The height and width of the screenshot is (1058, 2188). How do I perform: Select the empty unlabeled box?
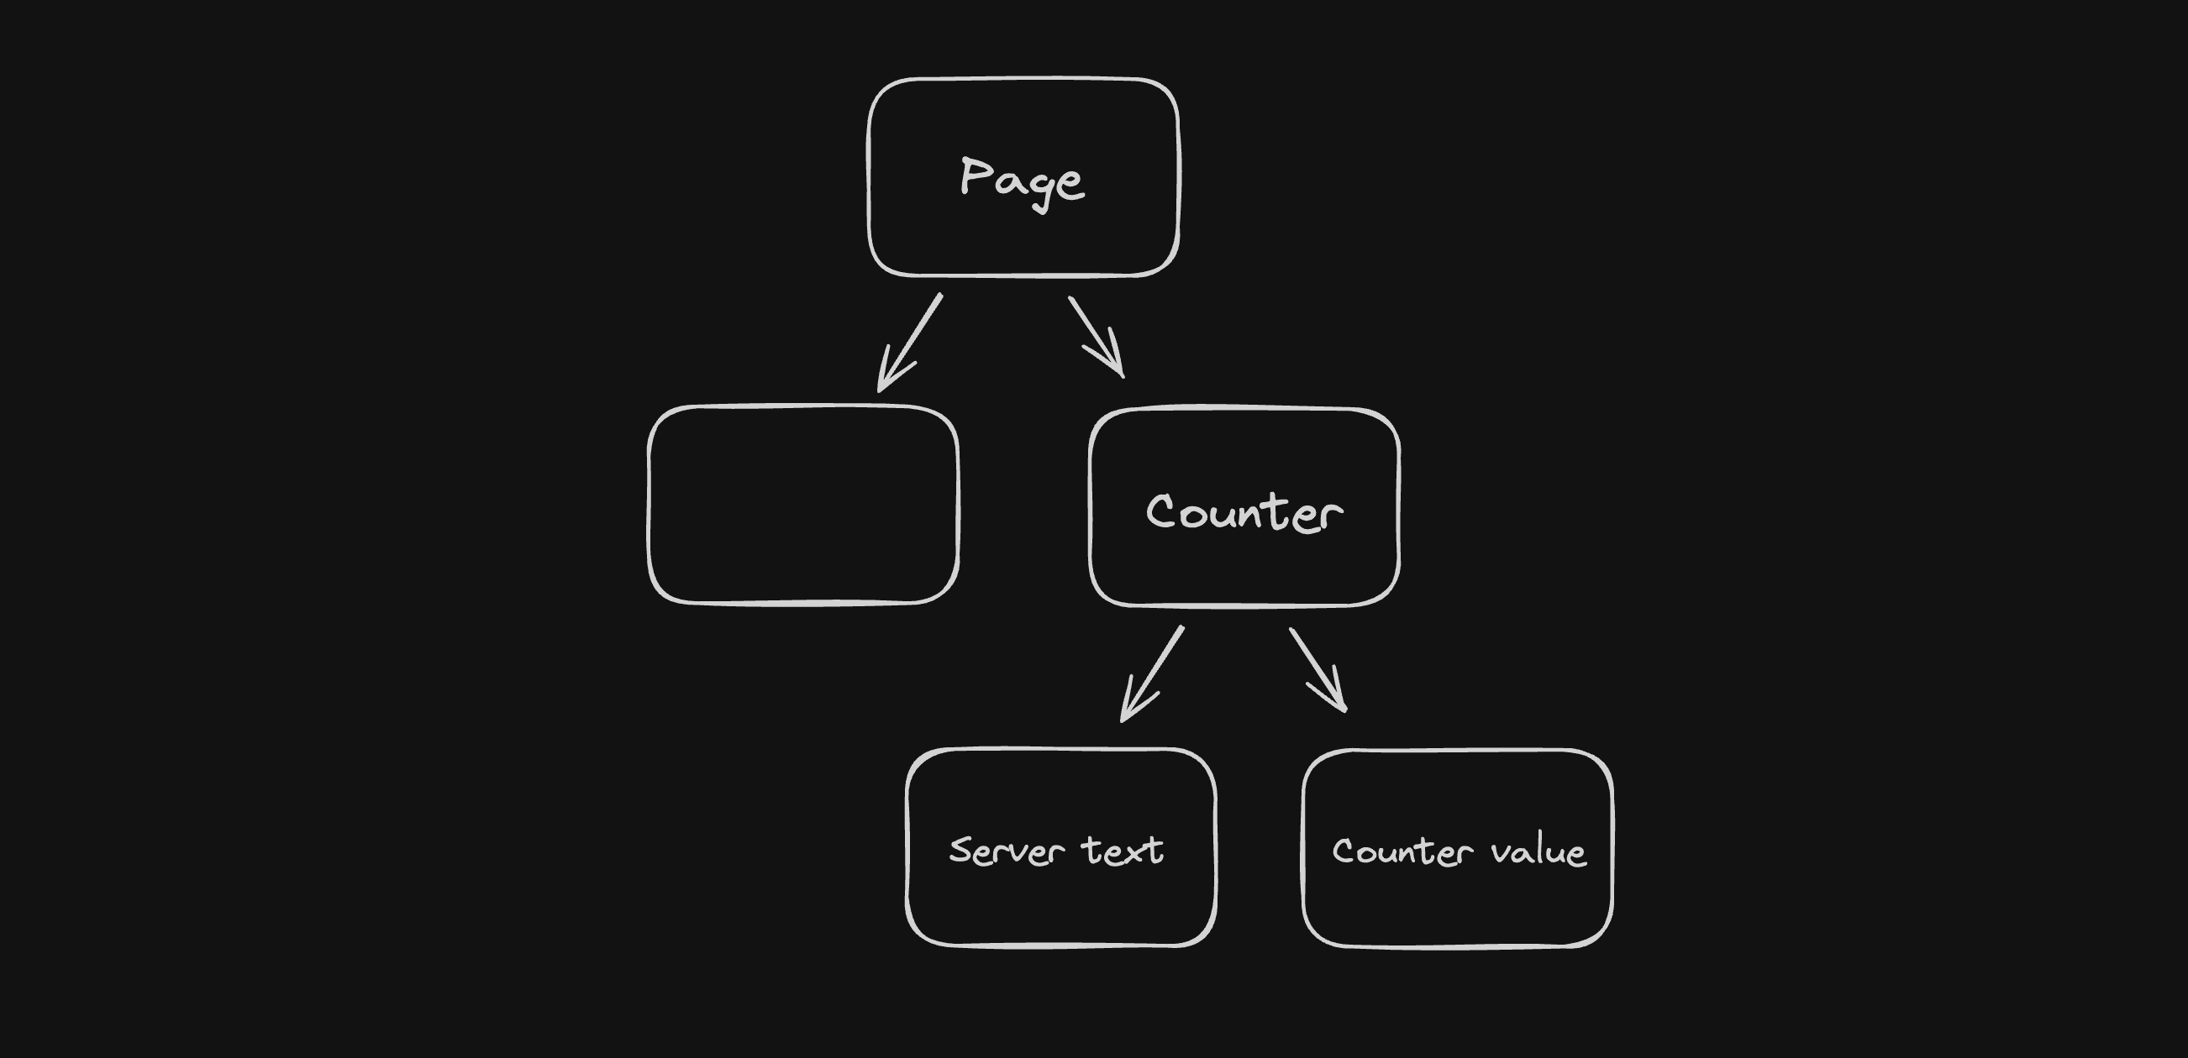click(x=802, y=505)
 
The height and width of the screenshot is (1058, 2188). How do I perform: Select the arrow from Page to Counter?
click(x=1095, y=335)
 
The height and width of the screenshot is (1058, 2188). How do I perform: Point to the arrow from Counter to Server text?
click(x=1153, y=673)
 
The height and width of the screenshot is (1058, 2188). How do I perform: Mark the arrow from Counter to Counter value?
click(x=1317, y=668)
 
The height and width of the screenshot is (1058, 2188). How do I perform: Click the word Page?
click(x=1022, y=180)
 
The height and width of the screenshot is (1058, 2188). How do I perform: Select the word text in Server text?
click(x=1122, y=851)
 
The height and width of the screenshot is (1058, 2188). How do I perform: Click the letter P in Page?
click(x=973, y=175)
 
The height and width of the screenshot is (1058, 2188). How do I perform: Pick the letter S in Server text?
click(x=960, y=850)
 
